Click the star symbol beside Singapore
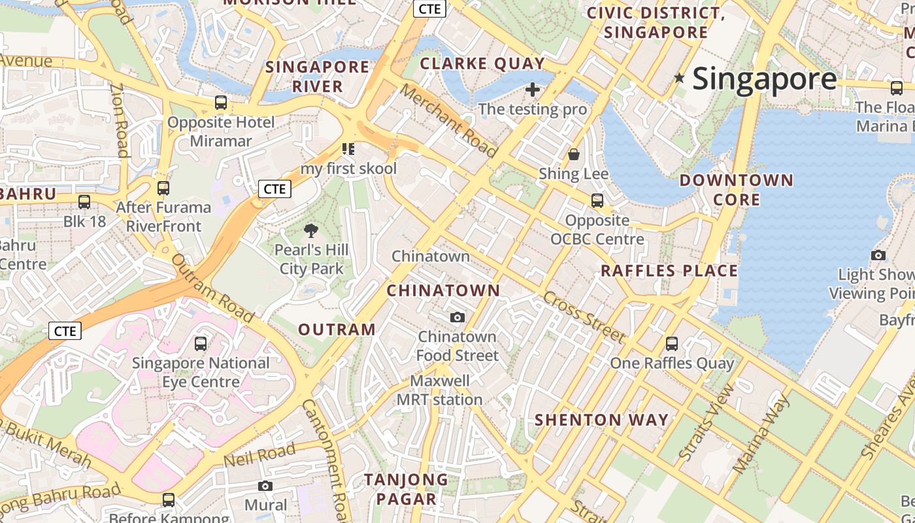click(680, 78)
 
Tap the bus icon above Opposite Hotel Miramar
click(221, 103)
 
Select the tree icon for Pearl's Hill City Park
click(311, 230)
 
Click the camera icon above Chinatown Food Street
click(457, 317)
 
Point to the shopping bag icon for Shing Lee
click(574, 154)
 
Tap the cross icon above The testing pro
click(533, 89)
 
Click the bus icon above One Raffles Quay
click(671, 343)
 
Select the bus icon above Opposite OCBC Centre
click(597, 201)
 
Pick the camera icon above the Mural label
click(265, 486)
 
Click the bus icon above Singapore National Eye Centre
click(201, 343)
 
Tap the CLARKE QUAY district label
click(482, 63)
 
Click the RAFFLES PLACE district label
click(669, 271)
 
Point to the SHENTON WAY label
click(601, 420)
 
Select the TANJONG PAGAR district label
click(406, 489)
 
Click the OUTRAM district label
click(337, 329)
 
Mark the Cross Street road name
click(583, 317)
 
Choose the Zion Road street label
click(119, 121)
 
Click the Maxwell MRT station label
click(439, 390)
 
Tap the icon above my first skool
click(348, 149)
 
